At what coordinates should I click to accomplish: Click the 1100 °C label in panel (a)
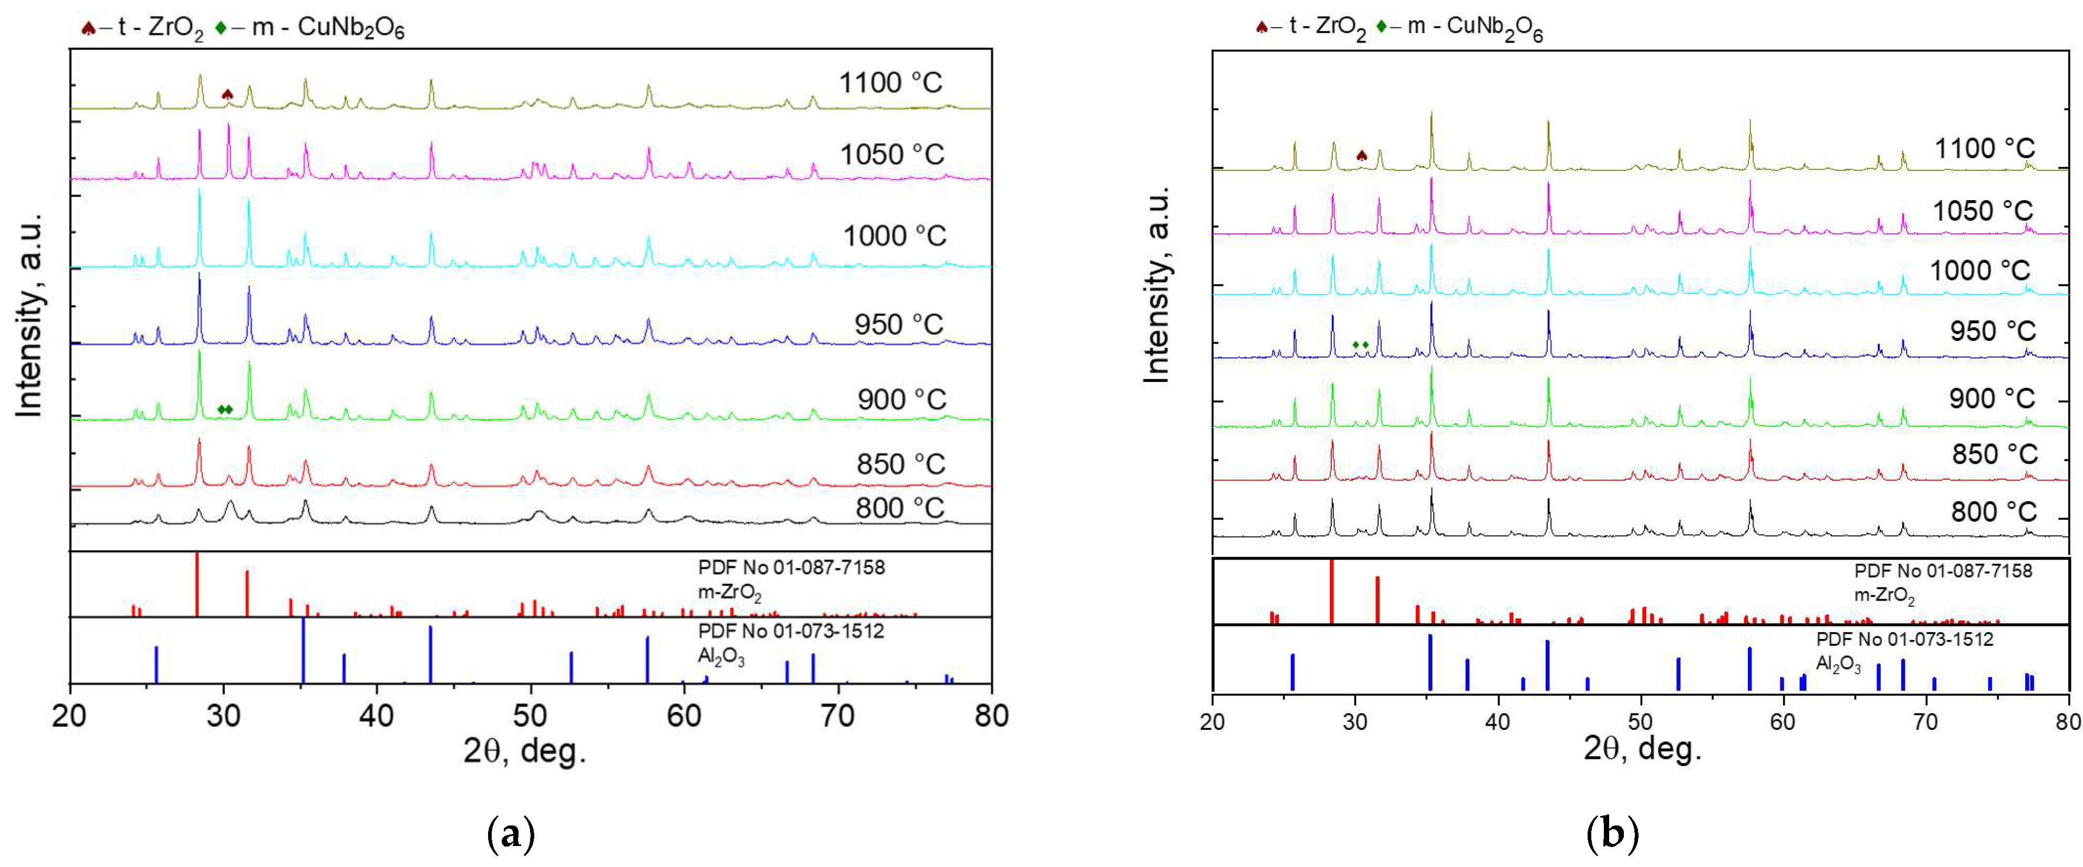(890, 82)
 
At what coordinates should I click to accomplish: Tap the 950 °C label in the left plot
(898, 324)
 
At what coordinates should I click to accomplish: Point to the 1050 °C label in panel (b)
(1982, 211)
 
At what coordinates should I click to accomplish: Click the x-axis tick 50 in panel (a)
(531, 715)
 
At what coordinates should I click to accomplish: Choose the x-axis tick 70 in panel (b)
(1926, 720)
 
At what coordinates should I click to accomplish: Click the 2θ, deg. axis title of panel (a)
(524, 751)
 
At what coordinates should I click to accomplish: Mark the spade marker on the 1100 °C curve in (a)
(227, 95)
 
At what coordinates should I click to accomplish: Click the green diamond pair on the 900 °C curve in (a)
(225, 409)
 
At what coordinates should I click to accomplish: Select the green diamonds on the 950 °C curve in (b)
(1361, 345)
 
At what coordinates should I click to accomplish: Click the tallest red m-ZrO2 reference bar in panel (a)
(198, 584)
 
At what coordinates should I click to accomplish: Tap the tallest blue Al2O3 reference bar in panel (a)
(303, 651)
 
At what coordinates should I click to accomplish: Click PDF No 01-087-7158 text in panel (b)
(1942, 571)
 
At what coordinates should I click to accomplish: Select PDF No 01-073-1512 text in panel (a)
(791, 631)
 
